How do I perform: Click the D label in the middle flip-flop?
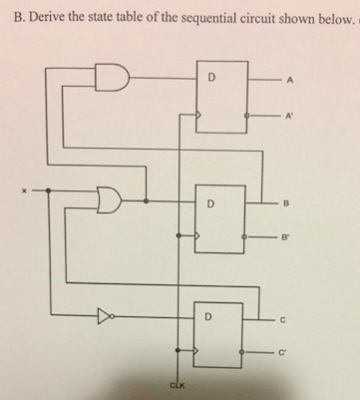210,203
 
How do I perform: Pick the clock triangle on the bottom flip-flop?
196,350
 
